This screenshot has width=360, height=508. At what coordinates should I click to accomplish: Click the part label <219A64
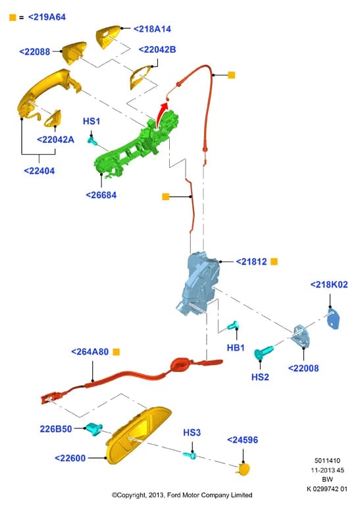pos(47,17)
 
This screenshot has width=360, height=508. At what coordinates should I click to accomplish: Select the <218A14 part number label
pos(152,29)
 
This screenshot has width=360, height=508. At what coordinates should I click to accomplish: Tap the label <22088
pos(35,51)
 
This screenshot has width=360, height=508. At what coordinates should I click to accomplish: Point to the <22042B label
pos(157,49)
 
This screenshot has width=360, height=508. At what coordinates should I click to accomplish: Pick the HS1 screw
pos(92,140)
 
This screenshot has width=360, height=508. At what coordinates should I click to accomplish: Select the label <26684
pos(101,195)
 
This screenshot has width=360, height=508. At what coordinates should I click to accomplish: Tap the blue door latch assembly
pos(198,282)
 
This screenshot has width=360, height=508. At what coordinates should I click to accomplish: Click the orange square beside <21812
pos(274,261)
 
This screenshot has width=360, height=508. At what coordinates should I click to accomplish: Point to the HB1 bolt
pos(233,325)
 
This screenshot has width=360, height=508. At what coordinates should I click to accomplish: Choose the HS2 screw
pos(263,353)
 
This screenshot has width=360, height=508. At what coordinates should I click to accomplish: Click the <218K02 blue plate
pos(333,318)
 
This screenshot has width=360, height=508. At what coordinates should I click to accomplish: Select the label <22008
pos(303,368)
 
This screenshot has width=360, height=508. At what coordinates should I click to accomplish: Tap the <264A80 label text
pos(90,352)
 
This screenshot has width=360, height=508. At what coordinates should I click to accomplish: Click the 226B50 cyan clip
pos(94,428)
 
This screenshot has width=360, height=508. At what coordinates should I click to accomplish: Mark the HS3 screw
pos(190,455)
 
